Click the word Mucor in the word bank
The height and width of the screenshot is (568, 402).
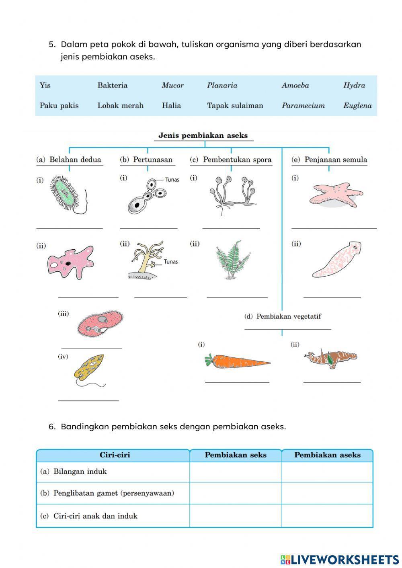(x=172, y=85)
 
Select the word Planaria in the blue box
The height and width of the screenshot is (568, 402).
(x=222, y=85)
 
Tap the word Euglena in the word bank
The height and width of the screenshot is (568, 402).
(x=357, y=106)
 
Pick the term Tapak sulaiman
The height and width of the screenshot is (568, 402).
(x=235, y=106)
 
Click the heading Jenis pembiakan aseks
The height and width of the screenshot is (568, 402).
(x=203, y=135)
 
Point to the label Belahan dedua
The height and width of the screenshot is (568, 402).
(x=75, y=160)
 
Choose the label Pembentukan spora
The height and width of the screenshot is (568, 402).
(x=237, y=160)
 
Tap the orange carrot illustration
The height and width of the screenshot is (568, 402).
(x=237, y=361)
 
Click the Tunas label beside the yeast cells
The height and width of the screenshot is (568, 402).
(x=172, y=180)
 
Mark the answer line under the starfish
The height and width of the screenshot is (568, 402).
(x=334, y=228)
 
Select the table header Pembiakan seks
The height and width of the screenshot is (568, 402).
(x=235, y=455)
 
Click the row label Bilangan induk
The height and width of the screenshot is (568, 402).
(x=80, y=472)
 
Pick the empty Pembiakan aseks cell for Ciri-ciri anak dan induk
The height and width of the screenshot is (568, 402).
(x=327, y=516)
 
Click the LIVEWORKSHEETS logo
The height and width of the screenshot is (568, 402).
(x=339, y=559)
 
